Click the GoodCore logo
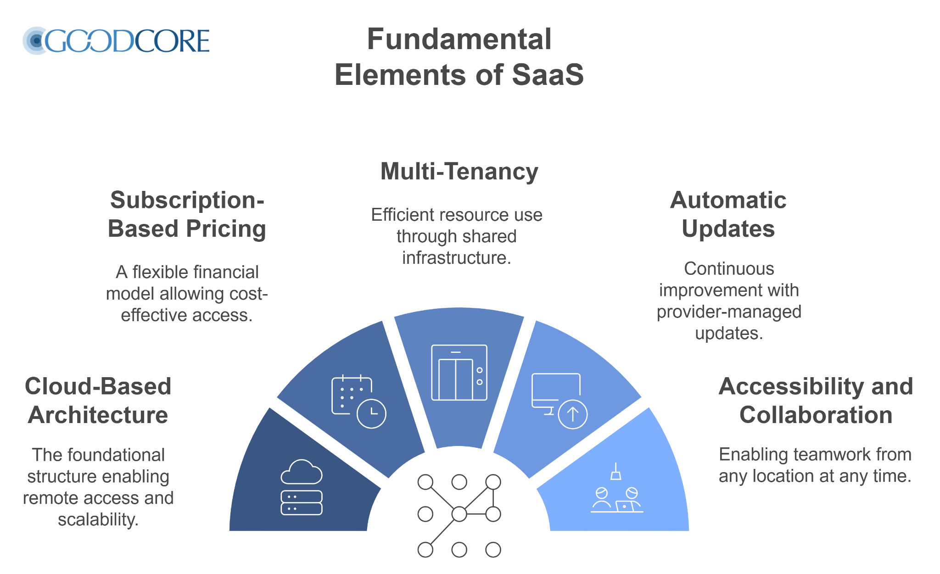click(x=117, y=40)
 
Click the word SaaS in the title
click(x=548, y=75)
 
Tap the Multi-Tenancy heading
click(x=459, y=172)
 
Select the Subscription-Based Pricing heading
click(x=187, y=214)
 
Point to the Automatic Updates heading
click(x=728, y=214)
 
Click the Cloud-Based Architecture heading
click(x=98, y=401)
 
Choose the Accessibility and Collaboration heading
click(x=816, y=401)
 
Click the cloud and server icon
click(x=302, y=487)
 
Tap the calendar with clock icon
click(x=358, y=401)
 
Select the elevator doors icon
click(x=459, y=373)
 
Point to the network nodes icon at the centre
click(x=459, y=515)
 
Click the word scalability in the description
click(x=98, y=519)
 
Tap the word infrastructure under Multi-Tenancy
click(x=457, y=258)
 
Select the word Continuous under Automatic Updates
click(x=729, y=269)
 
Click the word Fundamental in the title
click(x=459, y=39)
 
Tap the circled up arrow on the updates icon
click(x=572, y=414)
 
